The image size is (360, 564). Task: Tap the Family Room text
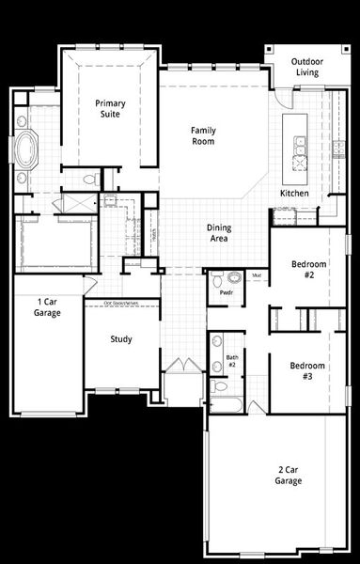coord(203,135)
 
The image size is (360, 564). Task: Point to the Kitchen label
coord(294,194)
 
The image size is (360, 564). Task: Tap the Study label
coord(120,339)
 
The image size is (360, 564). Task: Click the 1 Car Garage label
coord(48,307)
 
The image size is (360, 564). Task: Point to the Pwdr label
coord(227,292)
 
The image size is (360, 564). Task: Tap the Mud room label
coord(257,275)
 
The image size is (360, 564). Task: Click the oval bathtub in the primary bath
coord(26,149)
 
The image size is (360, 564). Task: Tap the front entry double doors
coord(183,366)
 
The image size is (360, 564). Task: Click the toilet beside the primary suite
coord(91,179)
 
